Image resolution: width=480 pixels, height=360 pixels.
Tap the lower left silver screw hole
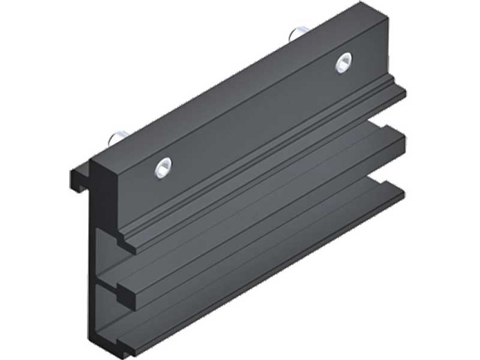(161, 167)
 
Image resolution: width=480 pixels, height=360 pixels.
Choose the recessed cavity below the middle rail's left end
(108, 318)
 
